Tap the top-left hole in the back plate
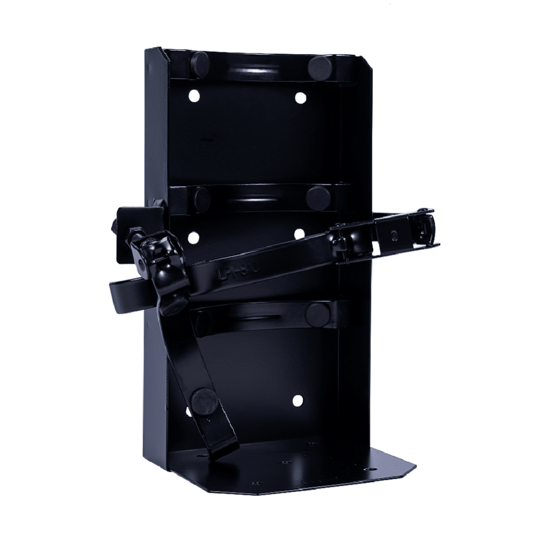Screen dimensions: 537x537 194,96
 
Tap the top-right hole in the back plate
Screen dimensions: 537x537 300,97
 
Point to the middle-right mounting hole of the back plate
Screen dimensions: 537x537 299,235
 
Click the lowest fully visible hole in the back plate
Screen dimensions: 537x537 297,400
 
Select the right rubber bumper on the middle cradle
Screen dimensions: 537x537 318,198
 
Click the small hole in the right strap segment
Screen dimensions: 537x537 395,235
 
